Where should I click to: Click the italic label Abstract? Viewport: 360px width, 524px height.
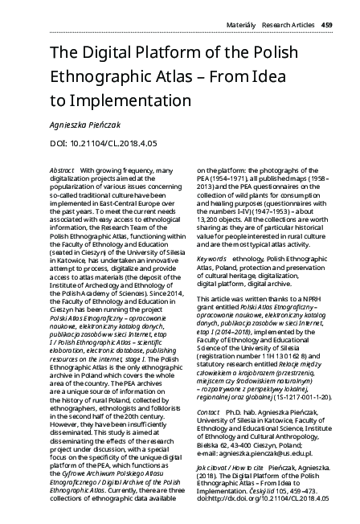62,171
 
